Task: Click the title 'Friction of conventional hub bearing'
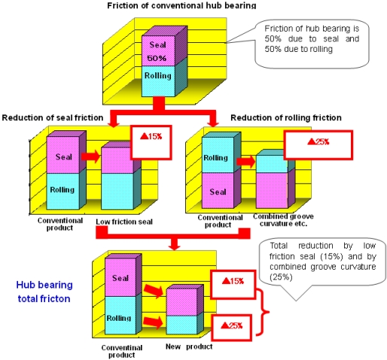[x=192, y=5]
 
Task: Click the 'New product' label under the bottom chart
[x=189, y=346]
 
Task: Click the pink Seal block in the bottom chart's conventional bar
[x=120, y=279]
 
